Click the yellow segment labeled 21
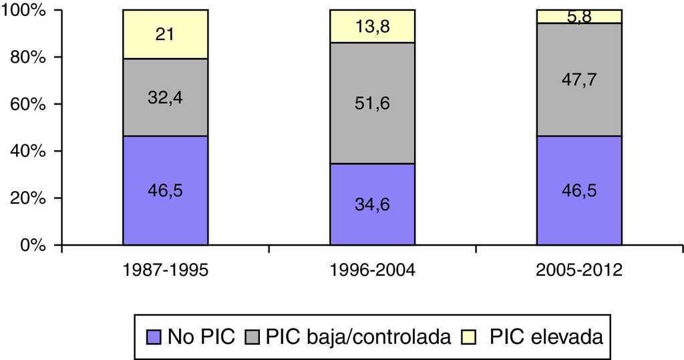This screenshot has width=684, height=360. pyautogui.click(x=165, y=35)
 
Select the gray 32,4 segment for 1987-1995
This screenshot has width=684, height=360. pyautogui.click(x=165, y=98)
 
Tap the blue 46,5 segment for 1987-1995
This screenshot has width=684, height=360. pyautogui.click(x=165, y=190)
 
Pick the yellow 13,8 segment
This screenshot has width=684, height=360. pyautogui.click(x=372, y=27)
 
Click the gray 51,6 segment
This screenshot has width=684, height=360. pyautogui.click(x=372, y=104)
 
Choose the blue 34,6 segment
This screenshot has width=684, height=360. pyautogui.click(x=372, y=204)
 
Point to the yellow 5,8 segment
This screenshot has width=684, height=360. pyautogui.click(x=579, y=16)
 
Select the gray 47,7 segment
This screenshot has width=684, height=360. pyautogui.click(x=579, y=79)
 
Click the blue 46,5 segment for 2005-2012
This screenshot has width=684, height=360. pyautogui.click(x=579, y=190)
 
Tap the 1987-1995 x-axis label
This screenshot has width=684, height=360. pyautogui.click(x=164, y=271)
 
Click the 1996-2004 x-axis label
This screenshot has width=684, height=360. pyautogui.click(x=372, y=271)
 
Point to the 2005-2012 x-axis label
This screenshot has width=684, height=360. pyautogui.click(x=579, y=271)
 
